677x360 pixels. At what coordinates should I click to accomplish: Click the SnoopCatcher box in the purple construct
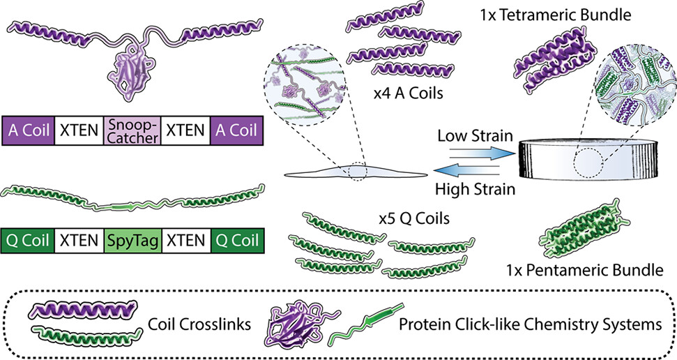(132, 130)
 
